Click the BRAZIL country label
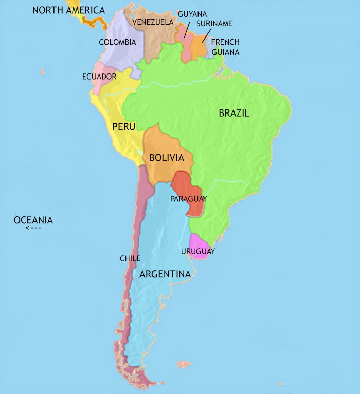pos(234,114)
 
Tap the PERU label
pos(123,126)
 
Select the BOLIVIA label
pos(166,158)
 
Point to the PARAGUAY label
pos(189,199)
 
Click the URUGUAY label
pos(198,252)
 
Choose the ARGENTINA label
pos(165,274)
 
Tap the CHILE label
pos(130,258)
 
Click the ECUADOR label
pos(99,77)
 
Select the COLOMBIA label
pos(117,42)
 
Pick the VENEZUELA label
pos(153,22)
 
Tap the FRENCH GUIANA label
pos(225,47)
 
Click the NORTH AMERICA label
pos(68,10)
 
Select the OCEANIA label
pos(33,220)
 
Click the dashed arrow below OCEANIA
pos(33,228)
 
